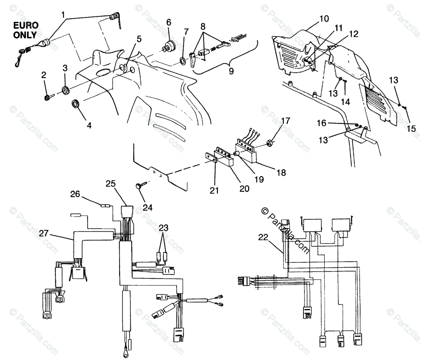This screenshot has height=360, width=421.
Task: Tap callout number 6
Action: click(169, 22)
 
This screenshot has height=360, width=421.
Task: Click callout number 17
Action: click(285, 121)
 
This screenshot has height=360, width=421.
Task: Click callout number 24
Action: click(147, 207)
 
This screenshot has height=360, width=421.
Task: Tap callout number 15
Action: click(411, 129)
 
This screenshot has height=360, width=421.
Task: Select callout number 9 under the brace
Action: click(231, 71)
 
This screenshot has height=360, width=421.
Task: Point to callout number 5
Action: click(139, 39)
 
